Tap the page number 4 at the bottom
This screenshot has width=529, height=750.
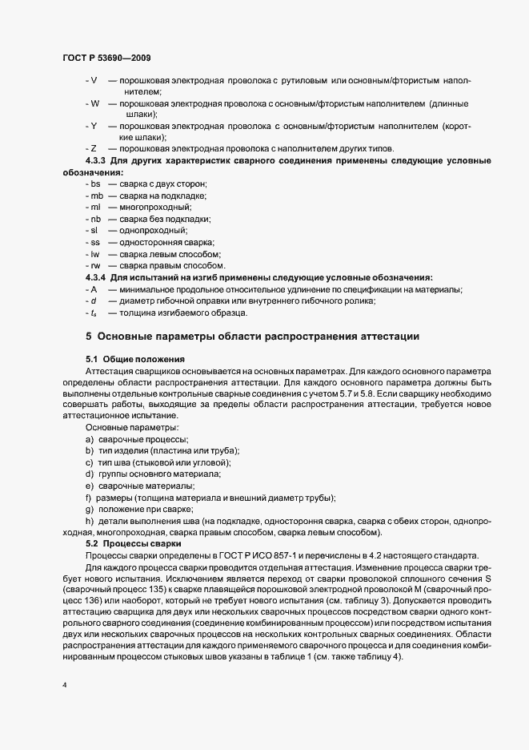64,685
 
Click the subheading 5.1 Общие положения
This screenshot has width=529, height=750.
135,359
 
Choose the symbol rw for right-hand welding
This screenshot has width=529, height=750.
95,265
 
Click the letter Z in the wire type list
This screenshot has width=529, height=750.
94,149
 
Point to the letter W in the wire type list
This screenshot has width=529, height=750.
94,103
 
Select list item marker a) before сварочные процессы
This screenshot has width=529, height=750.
89,440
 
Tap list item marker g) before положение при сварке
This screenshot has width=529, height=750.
89,510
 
